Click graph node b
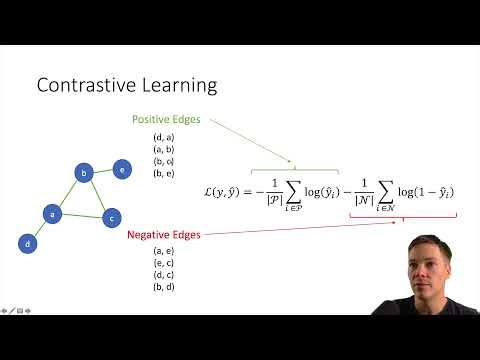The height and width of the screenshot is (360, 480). tap(85, 173)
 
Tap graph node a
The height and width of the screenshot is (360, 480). tap(52, 213)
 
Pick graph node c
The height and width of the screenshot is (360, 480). tap(113, 216)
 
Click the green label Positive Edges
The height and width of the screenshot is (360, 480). tap(166, 119)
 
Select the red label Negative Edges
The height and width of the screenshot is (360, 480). tap(164, 235)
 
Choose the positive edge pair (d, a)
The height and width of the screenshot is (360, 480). tap(164, 136)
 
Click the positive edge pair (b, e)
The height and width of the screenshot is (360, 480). tap(164, 172)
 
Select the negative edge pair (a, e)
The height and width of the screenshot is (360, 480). tap(164, 251)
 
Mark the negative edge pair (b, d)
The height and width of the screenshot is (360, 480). tap(164, 287)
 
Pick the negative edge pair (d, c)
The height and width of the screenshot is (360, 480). tap(164, 275)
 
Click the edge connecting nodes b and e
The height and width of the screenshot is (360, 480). tap(102, 170)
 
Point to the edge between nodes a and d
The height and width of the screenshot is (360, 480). tap(39, 228)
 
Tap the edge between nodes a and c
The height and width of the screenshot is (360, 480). tap(82, 215)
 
